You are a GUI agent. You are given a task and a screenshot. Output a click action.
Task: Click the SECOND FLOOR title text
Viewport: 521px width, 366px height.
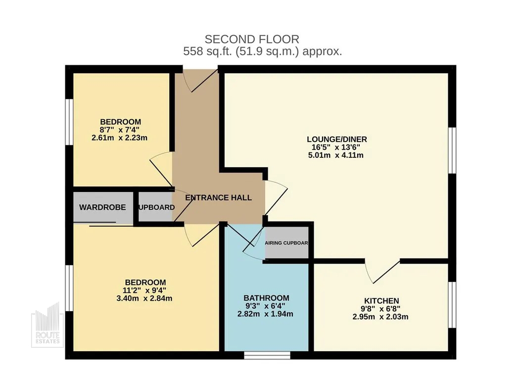click(252, 39)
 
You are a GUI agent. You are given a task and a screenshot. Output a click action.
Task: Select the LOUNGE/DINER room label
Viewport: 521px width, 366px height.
click(336, 139)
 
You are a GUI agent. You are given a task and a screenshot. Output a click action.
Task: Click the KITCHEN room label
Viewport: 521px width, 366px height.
click(381, 301)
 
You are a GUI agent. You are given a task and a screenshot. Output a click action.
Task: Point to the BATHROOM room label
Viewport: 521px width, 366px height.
click(266, 298)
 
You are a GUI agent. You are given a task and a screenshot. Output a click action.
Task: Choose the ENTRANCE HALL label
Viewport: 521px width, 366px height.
click(218, 198)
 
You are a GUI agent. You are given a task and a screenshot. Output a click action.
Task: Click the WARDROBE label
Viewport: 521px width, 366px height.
click(102, 207)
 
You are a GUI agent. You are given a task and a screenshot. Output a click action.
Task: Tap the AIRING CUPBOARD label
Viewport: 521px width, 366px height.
click(286, 243)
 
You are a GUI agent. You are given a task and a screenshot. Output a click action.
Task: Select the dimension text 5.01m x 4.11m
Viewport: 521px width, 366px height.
click(336, 155)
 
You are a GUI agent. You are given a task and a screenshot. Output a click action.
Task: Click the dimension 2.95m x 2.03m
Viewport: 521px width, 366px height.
click(380, 317)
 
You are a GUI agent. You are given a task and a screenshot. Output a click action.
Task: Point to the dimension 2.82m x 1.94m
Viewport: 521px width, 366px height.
click(265, 314)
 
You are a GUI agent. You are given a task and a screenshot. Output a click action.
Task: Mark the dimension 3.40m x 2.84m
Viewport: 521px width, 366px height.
click(144, 298)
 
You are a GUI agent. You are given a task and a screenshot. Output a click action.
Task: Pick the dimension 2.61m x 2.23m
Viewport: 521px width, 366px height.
click(119, 137)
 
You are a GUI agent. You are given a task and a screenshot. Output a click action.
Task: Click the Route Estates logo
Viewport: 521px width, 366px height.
click(47, 325)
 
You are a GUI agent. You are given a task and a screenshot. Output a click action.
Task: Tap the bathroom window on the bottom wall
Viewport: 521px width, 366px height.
click(267, 355)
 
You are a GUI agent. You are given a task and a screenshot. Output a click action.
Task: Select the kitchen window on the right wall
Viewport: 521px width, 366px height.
click(452, 305)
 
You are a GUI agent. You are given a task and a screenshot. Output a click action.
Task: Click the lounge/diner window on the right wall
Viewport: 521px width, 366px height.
click(452, 150)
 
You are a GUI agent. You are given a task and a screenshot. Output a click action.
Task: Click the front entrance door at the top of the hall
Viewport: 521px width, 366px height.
click(200, 81)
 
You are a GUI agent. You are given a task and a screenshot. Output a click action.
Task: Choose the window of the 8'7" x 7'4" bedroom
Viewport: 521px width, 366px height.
click(69, 122)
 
